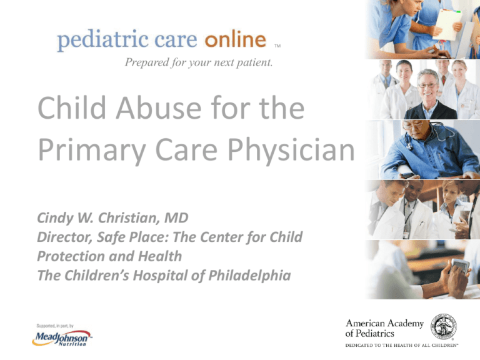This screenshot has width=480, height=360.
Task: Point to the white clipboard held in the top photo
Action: click(x=446, y=23)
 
